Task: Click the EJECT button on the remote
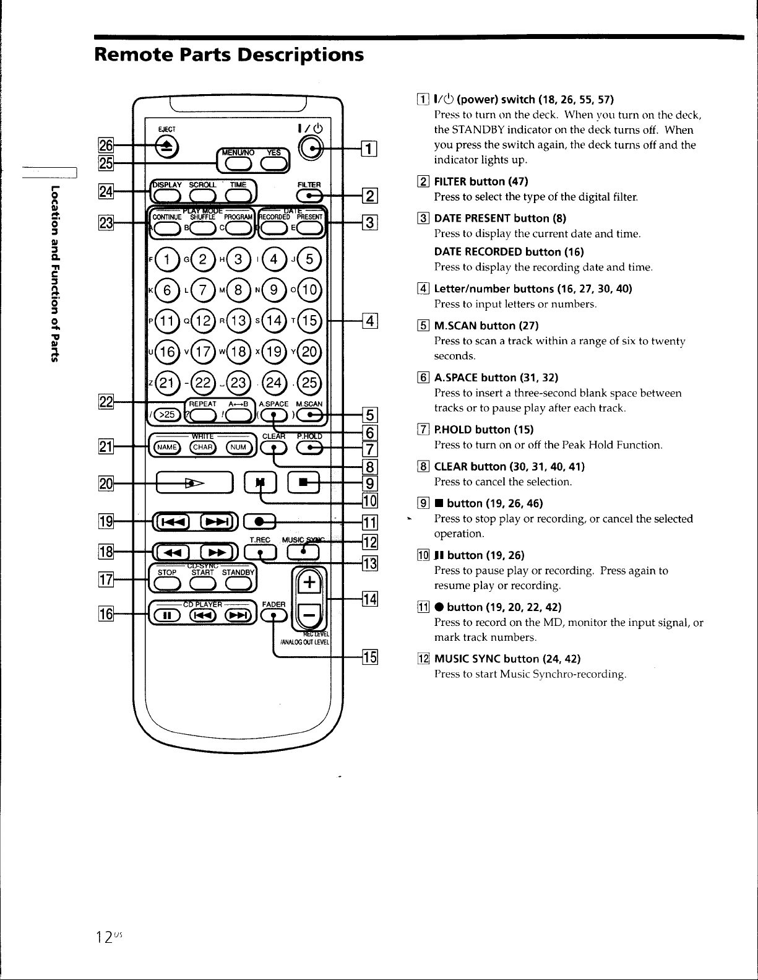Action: click(x=166, y=147)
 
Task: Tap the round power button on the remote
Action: click(x=311, y=149)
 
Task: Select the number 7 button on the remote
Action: click(x=203, y=290)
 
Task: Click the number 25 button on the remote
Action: click(x=309, y=383)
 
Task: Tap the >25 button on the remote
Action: click(x=166, y=414)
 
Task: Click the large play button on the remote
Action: click(x=194, y=483)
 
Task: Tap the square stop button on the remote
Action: click(x=303, y=482)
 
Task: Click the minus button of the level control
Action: click(x=309, y=615)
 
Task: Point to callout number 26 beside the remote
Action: click(x=106, y=145)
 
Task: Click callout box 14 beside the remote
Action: click(x=370, y=599)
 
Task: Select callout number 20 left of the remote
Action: click(x=106, y=484)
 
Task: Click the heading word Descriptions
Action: click(x=300, y=55)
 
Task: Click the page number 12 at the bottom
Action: click(x=104, y=937)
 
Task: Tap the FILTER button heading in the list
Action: click(x=481, y=182)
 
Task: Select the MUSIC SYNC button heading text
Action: click(x=507, y=659)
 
